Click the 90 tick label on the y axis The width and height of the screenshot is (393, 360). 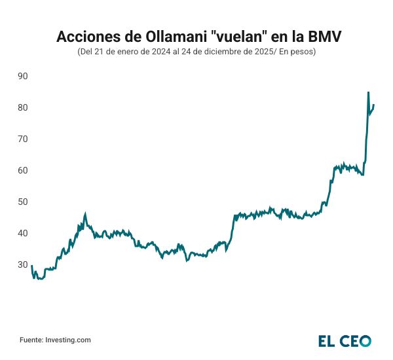(22, 76)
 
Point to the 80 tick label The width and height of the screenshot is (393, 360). (22, 107)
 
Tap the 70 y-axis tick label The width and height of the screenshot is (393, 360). (22, 139)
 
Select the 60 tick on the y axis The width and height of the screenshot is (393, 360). (22, 170)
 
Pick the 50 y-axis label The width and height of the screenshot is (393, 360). (22, 202)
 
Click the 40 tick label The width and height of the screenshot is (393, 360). (22, 233)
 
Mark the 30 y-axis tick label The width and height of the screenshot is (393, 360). (22, 264)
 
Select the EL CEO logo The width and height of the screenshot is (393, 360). (345, 340)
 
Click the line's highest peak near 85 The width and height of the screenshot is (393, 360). (368, 92)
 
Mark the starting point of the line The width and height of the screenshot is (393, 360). (31, 266)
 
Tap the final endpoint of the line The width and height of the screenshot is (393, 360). (373, 105)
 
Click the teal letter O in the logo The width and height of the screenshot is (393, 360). (365, 340)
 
